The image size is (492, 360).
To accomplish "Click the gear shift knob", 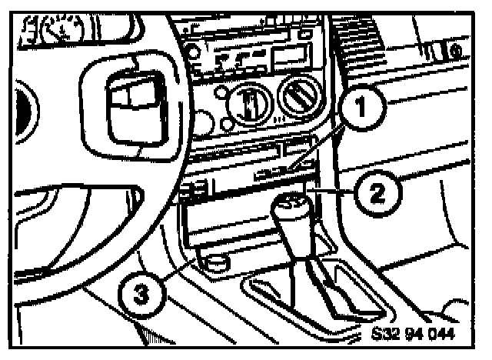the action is pyautogui.click(x=292, y=214).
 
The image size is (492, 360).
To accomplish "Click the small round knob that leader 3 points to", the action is pyautogui.click(x=216, y=262).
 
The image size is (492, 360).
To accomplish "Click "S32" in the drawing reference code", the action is pyautogui.click(x=386, y=335).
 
